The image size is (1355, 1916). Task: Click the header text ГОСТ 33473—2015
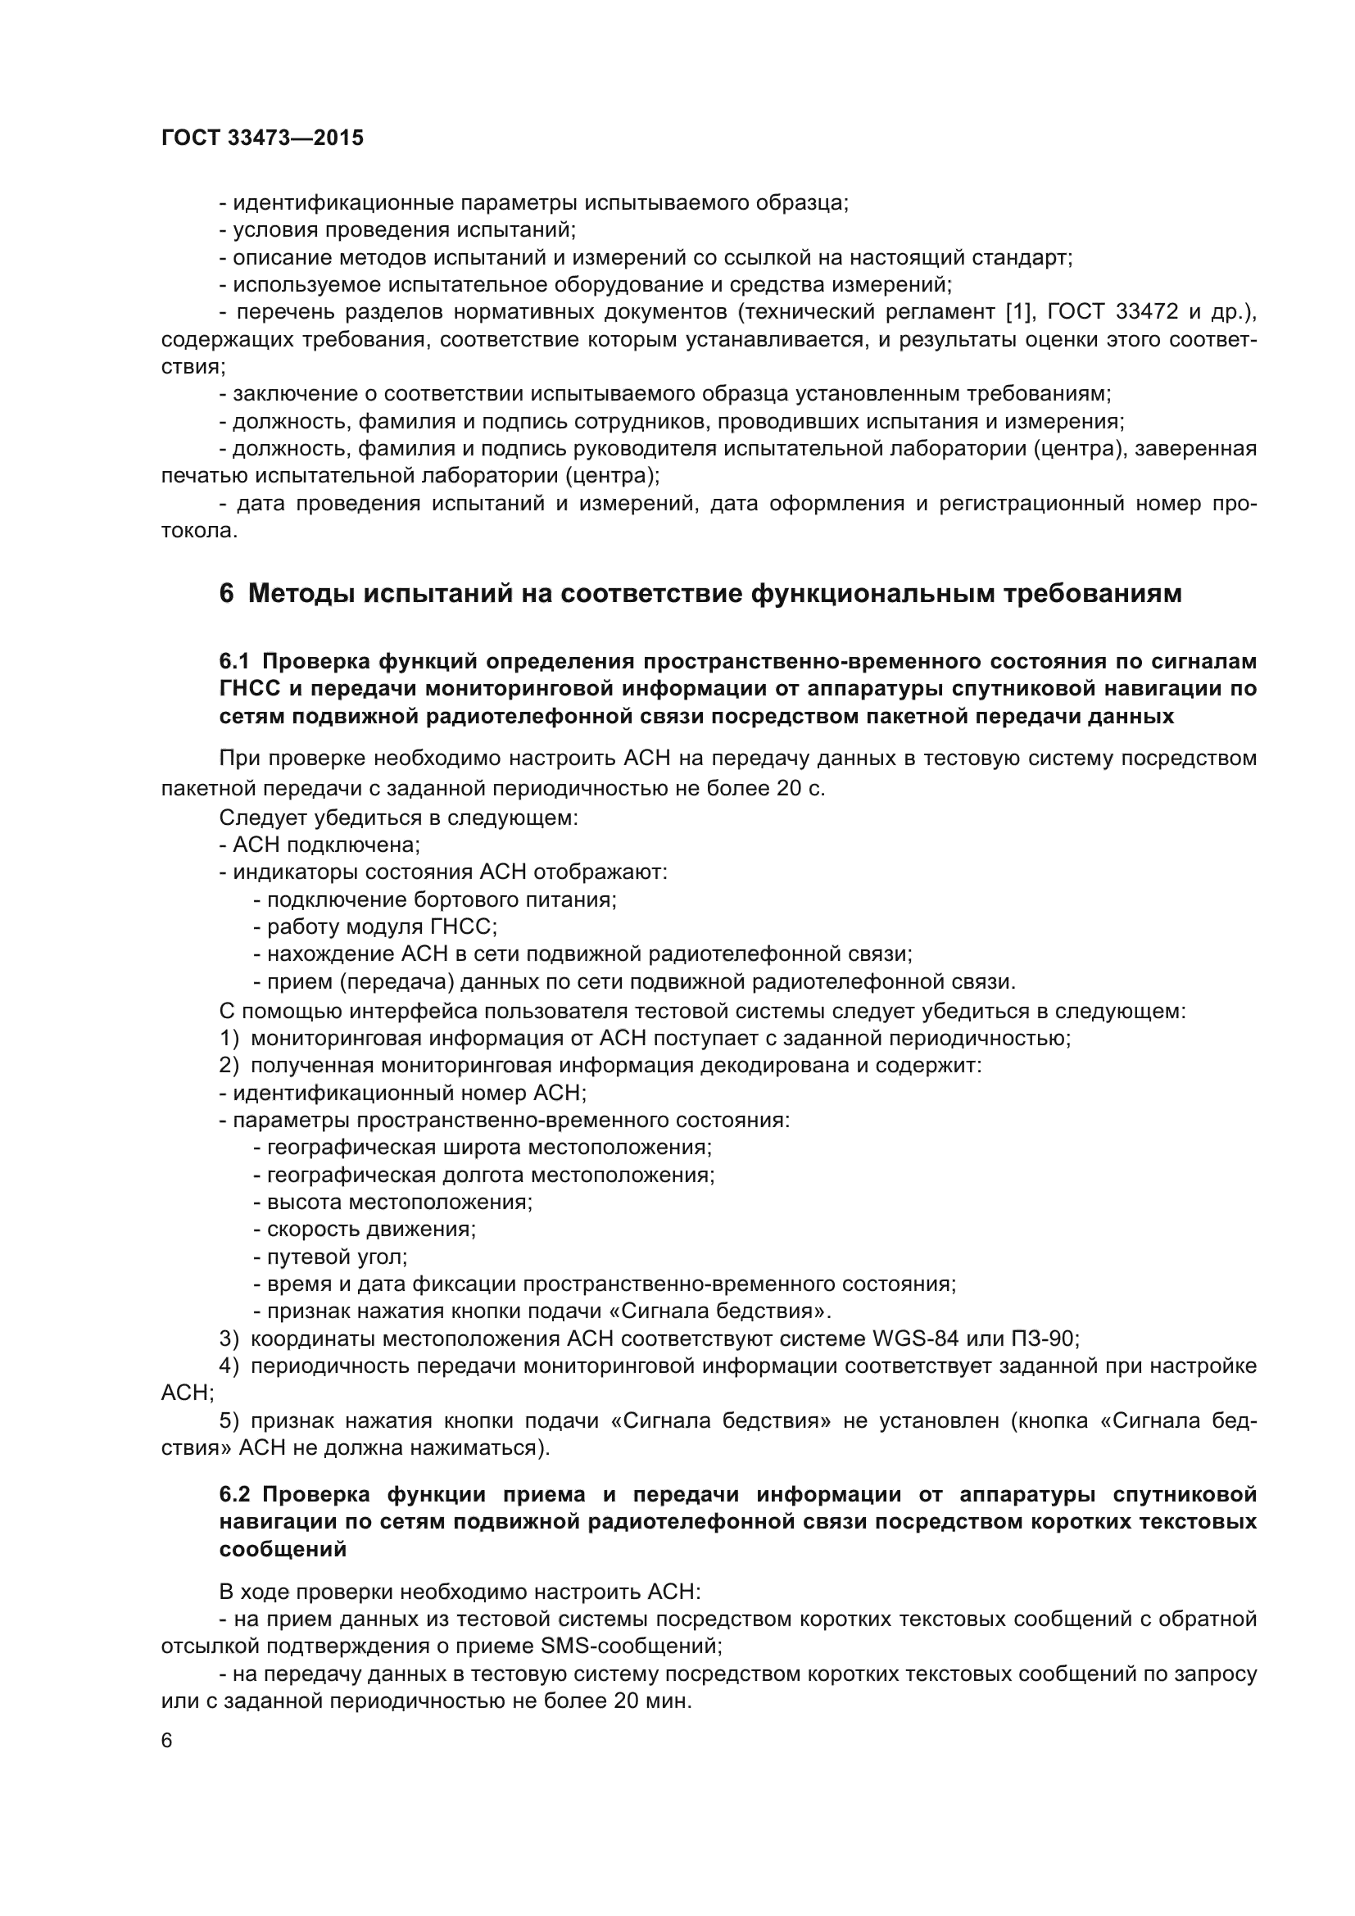coord(262,138)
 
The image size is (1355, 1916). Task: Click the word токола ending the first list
coord(198,531)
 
